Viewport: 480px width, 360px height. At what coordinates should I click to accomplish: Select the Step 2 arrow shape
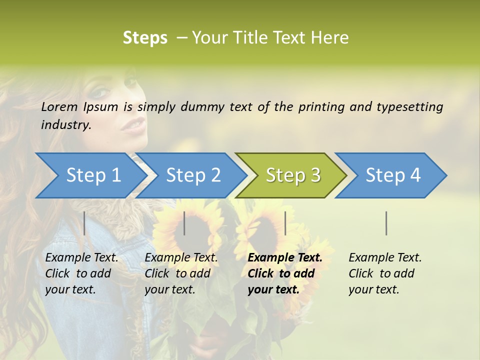[193, 175]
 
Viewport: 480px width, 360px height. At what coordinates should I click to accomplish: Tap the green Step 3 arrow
[293, 175]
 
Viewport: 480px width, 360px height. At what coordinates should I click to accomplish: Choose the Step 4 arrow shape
[393, 175]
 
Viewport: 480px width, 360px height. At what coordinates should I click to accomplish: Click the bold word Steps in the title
[145, 38]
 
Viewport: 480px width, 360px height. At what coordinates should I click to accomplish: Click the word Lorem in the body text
[59, 106]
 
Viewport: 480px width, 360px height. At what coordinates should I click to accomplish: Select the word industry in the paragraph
[66, 125]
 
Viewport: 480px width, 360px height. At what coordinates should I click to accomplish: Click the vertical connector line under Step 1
[84, 223]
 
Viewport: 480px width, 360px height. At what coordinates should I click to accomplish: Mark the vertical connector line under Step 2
[184, 223]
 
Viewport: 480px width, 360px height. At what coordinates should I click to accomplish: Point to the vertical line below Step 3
[285, 223]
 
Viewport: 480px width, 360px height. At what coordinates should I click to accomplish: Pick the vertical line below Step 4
[386, 223]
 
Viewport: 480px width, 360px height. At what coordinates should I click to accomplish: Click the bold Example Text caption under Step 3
[285, 273]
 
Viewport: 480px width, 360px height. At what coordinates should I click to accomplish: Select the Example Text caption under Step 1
[81, 273]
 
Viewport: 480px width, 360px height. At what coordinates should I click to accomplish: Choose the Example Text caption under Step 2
[181, 273]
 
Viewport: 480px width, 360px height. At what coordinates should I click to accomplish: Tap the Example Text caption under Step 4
[385, 273]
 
